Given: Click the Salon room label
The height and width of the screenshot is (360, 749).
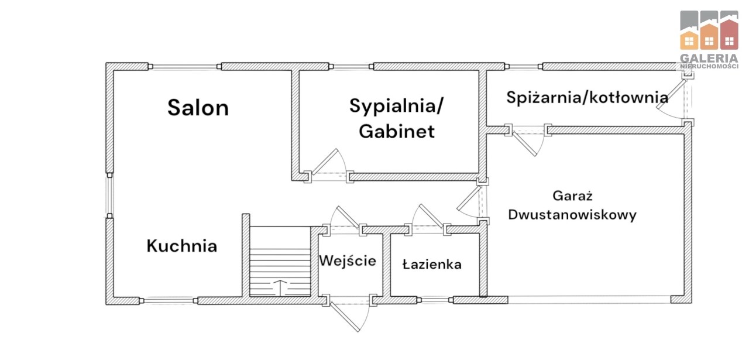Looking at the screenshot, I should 198,108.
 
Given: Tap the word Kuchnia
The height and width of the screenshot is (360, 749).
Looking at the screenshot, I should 181,246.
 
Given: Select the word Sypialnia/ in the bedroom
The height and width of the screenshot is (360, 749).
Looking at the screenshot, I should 396,106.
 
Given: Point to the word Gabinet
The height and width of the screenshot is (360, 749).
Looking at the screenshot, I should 396,131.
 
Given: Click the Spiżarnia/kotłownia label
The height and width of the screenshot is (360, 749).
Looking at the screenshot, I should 587,97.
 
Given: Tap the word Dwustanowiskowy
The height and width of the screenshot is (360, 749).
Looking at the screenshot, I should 572,215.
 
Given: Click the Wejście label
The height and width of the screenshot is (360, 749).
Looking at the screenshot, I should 347,260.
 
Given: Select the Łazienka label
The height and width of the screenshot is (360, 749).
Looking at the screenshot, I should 432,265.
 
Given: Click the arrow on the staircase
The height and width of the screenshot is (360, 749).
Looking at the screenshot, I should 280,287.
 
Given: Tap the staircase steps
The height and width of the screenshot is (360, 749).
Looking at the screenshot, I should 280,263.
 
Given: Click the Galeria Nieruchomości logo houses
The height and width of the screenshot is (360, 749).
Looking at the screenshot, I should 709,30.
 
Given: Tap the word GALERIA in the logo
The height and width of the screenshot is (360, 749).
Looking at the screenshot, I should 709,59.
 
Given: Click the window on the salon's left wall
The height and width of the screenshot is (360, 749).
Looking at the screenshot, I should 109,196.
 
